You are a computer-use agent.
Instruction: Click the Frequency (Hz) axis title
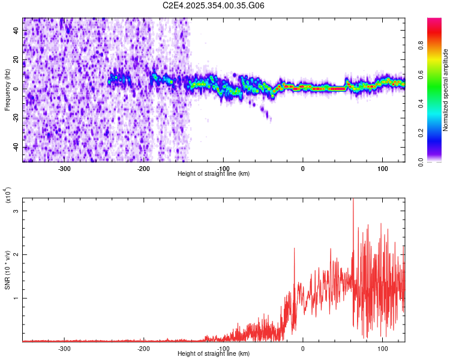click(7, 90)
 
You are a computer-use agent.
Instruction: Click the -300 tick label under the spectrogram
click(64, 167)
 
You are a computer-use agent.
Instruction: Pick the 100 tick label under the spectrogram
click(382, 167)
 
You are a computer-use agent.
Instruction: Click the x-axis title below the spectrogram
click(214, 173)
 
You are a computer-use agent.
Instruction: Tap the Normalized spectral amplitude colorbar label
click(446, 90)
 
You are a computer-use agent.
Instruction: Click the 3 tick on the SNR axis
click(17, 211)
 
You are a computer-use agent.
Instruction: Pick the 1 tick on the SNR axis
click(17, 298)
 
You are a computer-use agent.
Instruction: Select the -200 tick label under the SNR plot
click(143, 347)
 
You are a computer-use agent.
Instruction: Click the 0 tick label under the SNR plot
click(303, 347)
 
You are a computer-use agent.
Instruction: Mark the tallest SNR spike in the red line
click(353, 199)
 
